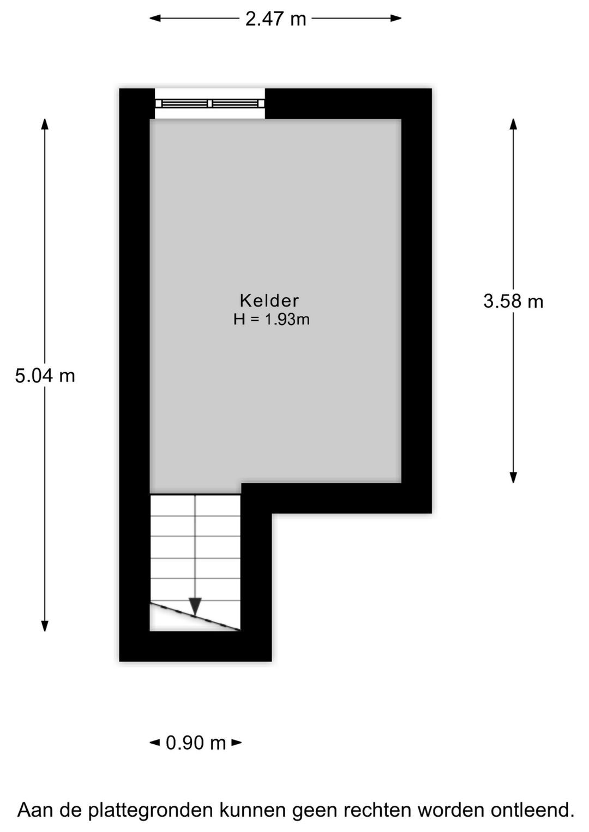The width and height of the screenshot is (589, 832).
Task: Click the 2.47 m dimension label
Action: point(275,19)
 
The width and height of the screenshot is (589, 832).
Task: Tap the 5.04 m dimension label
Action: point(45,376)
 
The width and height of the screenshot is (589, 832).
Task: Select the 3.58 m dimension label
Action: point(513,301)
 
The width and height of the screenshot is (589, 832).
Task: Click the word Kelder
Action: point(269,301)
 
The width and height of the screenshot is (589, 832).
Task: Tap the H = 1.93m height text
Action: point(272,319)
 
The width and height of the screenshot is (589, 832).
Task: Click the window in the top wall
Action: point(210,104)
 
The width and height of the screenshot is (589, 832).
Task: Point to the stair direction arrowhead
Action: point(195,607)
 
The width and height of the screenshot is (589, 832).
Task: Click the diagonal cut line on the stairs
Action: point(195,617)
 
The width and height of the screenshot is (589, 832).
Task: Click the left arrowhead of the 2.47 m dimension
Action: point(155,18)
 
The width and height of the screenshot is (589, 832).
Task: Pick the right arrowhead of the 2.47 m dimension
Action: point(396,18)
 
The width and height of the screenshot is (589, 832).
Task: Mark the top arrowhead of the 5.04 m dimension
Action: point(45,124)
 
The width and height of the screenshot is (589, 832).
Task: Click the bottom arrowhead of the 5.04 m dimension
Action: point(45,625)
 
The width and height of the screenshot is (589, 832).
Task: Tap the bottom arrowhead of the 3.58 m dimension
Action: point(513,477)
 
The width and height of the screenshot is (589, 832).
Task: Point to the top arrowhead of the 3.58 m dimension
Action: point(513,124)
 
